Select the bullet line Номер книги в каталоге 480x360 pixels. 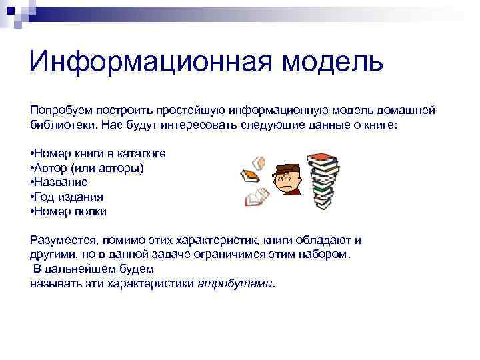pyautogui.click(x=98, y=153)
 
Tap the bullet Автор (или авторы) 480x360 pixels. pyautogui.click(x=87, y=167)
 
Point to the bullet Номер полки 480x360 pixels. pyautogui.click(x=69, y=211)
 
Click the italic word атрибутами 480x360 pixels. pyautogui.click(x=235, y=283)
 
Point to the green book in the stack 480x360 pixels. pyautogui.click(x=323, y=189)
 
